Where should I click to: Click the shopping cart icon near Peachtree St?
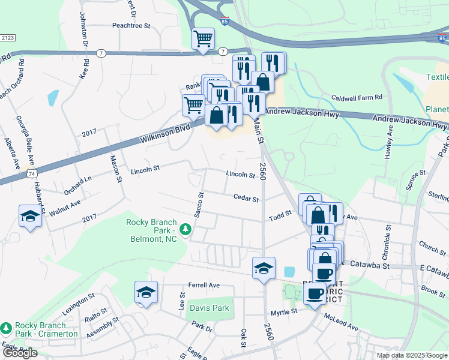pyautogui.click(x=203, y=38)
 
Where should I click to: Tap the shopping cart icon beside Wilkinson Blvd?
pyautogui.click(x=193, y=104)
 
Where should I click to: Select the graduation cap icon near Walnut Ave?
pyautogui.click(x=29, y=217)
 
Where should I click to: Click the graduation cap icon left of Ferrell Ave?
pyautogui.click(x=146, y=293)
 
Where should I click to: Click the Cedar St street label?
pyautogui.click(x=246, y=198)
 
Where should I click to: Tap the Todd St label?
pyautogui.click(x=280, y=214)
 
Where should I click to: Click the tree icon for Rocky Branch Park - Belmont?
pyautogui.click(x=185, y=229)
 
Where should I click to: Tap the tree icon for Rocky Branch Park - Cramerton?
pyautogui.click(x=6, y=328)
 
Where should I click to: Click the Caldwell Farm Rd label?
pyautogui.click(x=357, y=97)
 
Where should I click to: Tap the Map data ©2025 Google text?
pyautogui.click(x=411, y=355)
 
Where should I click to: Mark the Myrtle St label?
pyautogui.click(x=283, y=312)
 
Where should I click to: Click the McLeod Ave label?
pyautogui.click(x=341, y=322)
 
